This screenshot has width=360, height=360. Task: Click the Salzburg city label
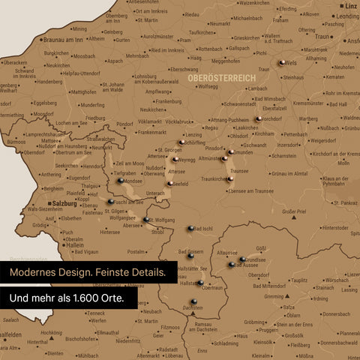pyautogui.click(x=67, y=203)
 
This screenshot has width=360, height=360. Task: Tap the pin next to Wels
pyautogui.click(x=282, y=64)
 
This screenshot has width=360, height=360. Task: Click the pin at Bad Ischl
pyautogui.click(x=190, y=229)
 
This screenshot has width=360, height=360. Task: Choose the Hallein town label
pyautogui.click(x=73, y=244)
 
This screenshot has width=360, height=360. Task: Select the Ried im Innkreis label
pyautogui.click(x=167, y=50)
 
